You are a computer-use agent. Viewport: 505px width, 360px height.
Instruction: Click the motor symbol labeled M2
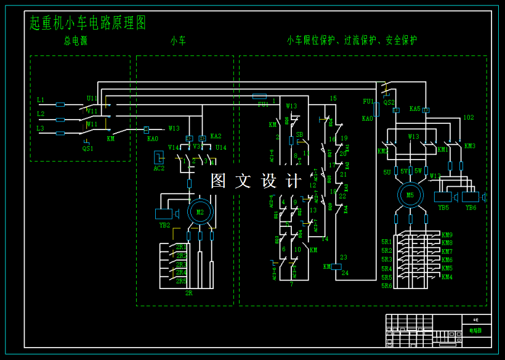click(x=200, y=211)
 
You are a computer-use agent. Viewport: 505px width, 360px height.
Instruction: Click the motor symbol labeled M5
click(x=410, y=195)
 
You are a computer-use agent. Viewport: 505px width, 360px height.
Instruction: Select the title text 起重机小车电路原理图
click(x=88, y=23)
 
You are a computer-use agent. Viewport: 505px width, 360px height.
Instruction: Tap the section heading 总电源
click(x=75, y=41)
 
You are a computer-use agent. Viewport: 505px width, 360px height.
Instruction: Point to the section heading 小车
click(x=179, y=41)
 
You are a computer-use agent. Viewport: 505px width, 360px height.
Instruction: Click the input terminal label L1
click(x=41, y=100)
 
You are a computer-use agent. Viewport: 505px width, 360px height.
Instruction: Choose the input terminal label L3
click(x=41, y=128)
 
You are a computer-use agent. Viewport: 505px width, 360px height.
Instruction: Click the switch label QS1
click(x=88, y=149)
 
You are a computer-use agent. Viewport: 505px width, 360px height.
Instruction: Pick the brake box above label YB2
click(x=164, y=214)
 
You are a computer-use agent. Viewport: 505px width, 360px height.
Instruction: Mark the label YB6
click(x=471, y=208)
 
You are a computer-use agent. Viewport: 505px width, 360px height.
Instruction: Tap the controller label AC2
click(x=159, y=168)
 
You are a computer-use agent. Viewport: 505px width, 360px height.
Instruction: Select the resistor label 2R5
click(x=182, y=281)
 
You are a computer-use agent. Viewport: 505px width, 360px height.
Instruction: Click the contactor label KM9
click(x=447, y=235)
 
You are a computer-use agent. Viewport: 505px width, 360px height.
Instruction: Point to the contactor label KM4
click(x=447, y=277)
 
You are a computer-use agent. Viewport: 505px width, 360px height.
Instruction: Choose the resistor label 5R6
click(x=386, y=286)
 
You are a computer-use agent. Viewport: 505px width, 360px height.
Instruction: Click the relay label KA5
click(x=414, y=109)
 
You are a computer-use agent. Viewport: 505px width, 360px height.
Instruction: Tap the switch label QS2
click(x=389, y=103)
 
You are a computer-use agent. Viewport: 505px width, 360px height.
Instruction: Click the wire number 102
click(x=468, y=117)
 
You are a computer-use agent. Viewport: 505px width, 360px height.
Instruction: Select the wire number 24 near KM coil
click(x=345, y=272)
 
